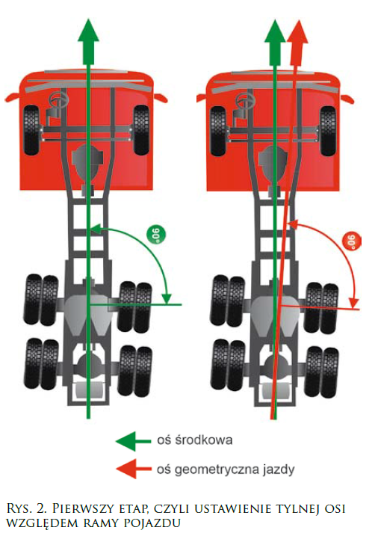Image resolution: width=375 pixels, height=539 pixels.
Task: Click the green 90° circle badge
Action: pos(156,235)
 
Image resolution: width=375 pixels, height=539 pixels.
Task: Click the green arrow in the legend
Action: pos(134,441)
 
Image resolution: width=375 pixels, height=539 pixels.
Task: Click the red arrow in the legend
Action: pos(134,469)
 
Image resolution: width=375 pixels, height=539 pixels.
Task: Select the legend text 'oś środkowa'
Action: pos(195,440)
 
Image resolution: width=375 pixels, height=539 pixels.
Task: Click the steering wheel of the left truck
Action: pos(60,99)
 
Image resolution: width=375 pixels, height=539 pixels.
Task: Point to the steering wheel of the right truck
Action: pos(246,100)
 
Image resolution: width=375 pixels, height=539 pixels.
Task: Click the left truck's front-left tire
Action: pos(32,130)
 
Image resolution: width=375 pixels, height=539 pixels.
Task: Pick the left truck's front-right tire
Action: pos(141,130)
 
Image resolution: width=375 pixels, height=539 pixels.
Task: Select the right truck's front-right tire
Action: pos(328,131)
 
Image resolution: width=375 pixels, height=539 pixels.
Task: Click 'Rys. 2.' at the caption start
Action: pos(28,509)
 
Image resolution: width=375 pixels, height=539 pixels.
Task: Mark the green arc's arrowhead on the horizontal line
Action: pos(167,298)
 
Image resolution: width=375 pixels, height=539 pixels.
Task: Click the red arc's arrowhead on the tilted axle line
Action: pos(354,303)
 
